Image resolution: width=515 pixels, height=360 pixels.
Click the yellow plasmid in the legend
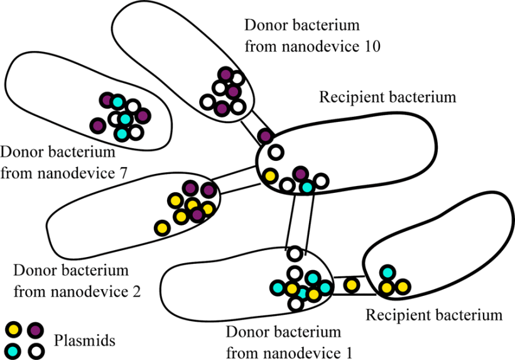click(x=14, y=329)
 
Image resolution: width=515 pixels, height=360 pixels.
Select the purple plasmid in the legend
click(x=35, y=329)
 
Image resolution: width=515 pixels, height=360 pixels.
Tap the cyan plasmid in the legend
click(x=14, y=350)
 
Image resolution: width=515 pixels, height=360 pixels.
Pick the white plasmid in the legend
click(x=35, y=350)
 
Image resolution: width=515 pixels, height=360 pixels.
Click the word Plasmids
click(x=85, y=341)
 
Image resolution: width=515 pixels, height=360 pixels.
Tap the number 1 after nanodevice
click(x=349, y=352)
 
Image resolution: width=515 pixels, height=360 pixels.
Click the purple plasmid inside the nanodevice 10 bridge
click(x=265, y=136)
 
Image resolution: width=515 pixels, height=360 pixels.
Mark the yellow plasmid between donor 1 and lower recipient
click(x=352, y=285)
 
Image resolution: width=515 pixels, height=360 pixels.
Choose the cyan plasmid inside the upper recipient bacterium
click(x=306, y=187)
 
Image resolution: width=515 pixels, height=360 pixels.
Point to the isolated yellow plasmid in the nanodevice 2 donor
click(x=162, y=227)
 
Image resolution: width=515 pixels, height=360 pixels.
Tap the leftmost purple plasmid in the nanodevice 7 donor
click(x=97, y=125)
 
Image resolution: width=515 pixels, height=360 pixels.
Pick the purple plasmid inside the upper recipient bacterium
click(x=301, y=174)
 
